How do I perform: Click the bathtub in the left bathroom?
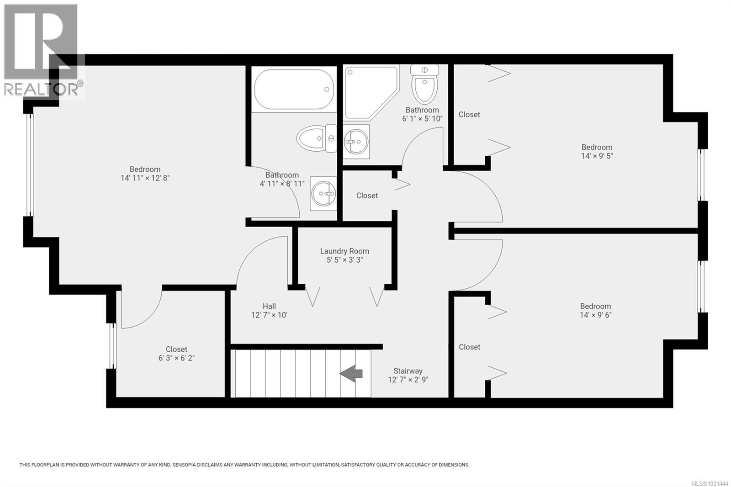293,90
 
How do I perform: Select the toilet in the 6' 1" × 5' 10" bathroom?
424,84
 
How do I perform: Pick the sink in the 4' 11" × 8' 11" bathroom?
323,194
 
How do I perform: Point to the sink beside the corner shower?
355,141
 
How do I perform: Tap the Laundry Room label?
344,251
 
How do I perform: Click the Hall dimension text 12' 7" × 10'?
269,315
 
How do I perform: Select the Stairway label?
408,371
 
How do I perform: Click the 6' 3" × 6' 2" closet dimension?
176,358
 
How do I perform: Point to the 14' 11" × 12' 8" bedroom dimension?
145,178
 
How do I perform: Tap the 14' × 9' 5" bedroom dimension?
597,156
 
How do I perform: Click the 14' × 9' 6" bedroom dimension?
595,315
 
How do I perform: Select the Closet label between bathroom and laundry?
367,196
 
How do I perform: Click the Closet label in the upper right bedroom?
469,115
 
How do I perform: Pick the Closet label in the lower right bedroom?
469,347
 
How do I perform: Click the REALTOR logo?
43,50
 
